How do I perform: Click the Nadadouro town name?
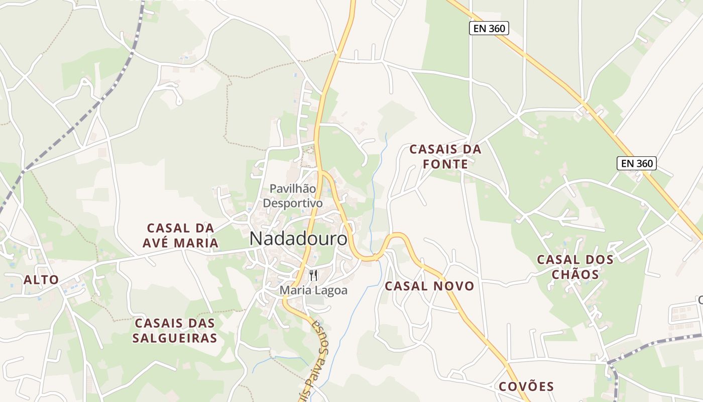[x=298, y=239]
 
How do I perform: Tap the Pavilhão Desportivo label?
[x=293, y=196]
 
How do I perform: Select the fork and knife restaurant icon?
[x=313, y=275]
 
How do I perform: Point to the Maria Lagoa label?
[x=313, y=290]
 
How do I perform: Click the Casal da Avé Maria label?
[x=180, y=236]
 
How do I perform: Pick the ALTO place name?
[x=41, y=280]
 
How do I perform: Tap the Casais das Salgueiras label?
[x=175, y=330]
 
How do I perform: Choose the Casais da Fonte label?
[x=445, y=157]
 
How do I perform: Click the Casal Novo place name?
[x=429, y=286]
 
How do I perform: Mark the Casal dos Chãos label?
[x=575, y=267]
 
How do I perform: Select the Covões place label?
[x=526, y=386]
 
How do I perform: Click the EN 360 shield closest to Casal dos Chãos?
[x=637, y=163]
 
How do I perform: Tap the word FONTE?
[x=445, y=164]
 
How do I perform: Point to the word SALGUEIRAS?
[x=175, y=338]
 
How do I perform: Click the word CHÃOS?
[x=575, y=275]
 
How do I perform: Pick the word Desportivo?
[x=293, y=204]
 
